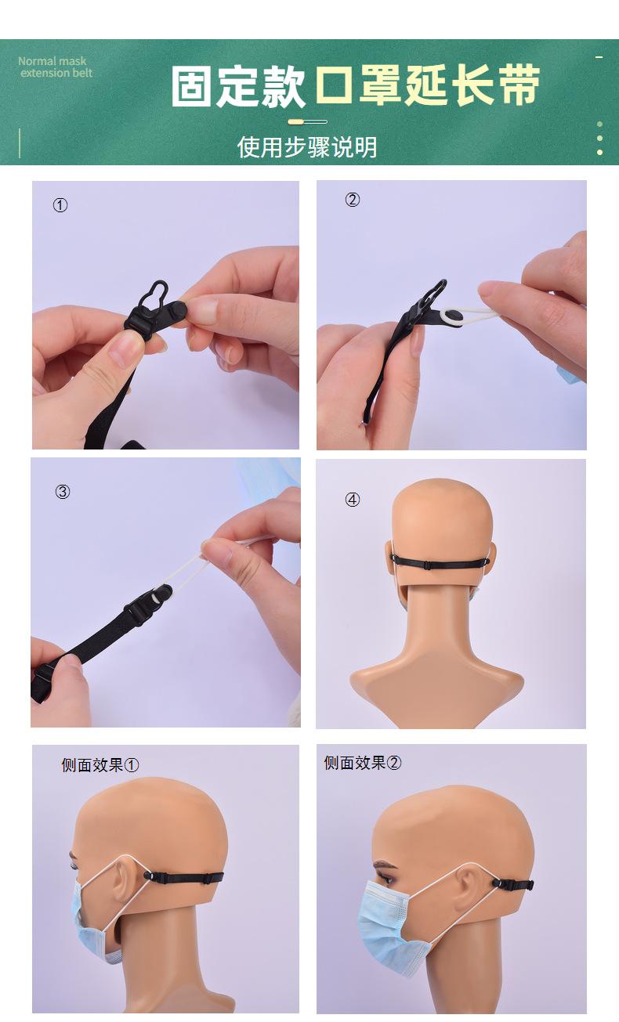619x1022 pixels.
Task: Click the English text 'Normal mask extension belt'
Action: click(x=55, y=67)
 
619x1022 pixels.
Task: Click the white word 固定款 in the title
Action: click(x=238, y=86)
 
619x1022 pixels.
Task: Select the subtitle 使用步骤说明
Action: click(x=307, y=147)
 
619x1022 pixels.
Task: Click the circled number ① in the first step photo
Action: click(x=60, y=205)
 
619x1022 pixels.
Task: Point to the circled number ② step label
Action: click(x=353, y=200)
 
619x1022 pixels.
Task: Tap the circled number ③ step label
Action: click(x=63, y=492)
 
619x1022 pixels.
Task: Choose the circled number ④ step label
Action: click(x=353, y=500)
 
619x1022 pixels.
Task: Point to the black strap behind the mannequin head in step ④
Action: click(x=443, y=563)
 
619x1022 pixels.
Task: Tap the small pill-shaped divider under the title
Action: click(x=307, y=122)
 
